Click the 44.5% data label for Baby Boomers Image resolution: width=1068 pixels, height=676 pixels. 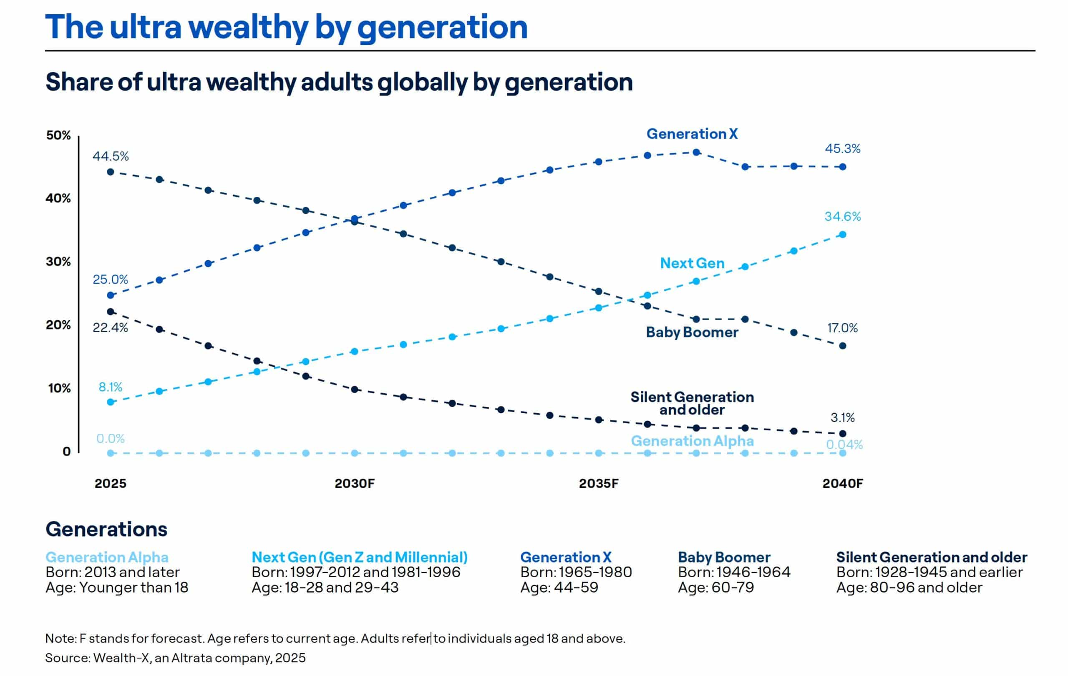pos(111,156)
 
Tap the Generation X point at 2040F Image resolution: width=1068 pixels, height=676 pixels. pos(842,167)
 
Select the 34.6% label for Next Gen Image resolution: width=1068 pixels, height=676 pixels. pos(842,217)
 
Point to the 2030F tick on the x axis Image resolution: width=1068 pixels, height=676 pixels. pos(354,484)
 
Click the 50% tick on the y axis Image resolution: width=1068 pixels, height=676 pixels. pos(58,136)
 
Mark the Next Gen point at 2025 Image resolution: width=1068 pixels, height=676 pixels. pos(111,402)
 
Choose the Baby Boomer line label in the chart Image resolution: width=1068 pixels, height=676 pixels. pos(692,332)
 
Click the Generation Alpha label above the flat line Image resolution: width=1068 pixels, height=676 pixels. pos(692,441)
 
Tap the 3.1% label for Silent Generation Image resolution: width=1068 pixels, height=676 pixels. pos(842,417)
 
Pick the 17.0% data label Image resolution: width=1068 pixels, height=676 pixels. pos(842,329)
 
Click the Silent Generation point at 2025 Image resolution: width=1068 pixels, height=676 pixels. pos(111,312)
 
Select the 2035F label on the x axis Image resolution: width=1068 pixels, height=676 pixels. pos(598,484)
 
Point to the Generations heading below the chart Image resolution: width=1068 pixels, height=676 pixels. pos(106,529)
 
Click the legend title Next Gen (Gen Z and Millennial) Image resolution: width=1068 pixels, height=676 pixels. pos(360,557)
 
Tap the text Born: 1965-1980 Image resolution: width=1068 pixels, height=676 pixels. pos(576,572)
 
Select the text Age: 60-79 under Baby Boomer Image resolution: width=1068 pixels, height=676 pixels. pos(715,588)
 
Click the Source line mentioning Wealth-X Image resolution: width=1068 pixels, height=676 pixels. pos(175,658)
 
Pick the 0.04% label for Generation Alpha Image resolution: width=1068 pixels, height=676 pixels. pos(844,445)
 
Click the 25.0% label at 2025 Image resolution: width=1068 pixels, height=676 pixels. pos(111,280)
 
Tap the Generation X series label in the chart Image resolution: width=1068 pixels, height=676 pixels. pos(692,134)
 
